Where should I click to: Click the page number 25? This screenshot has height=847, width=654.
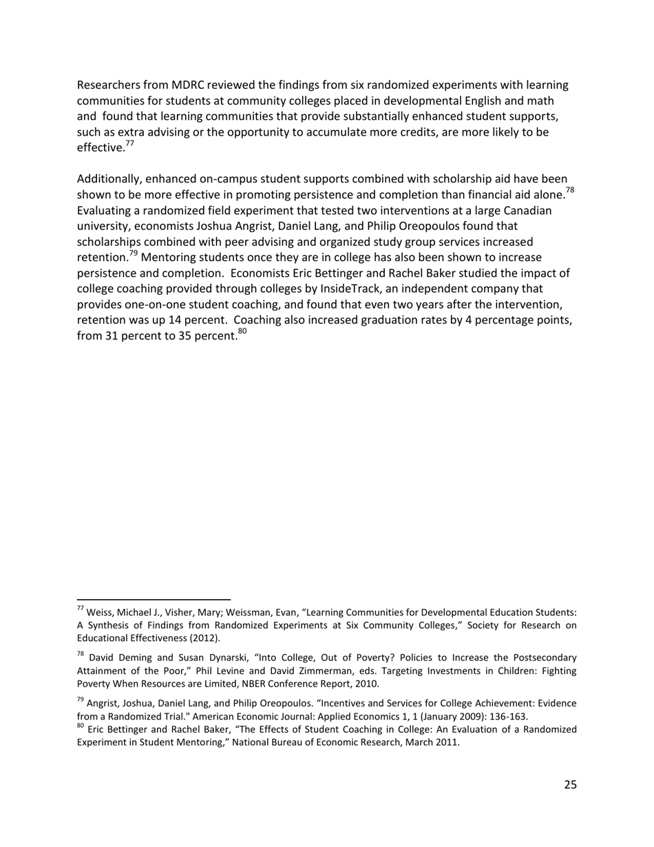570,784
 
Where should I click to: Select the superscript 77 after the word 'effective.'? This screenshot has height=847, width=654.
129,144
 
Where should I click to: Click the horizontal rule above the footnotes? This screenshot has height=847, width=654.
154,600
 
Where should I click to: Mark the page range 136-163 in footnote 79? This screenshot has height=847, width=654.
509,716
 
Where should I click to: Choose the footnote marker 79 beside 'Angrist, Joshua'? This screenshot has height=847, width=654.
81,700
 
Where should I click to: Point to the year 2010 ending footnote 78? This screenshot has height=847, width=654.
366,684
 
